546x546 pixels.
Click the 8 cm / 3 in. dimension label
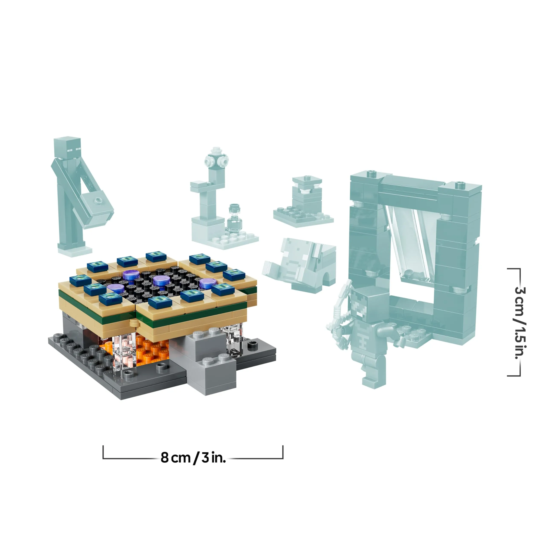click(x=193, y=457)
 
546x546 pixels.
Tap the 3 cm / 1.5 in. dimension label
click(x=519, y=322)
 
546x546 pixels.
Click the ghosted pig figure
click(x=301, y=266)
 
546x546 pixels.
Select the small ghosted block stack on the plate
click(x=307, y=196)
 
